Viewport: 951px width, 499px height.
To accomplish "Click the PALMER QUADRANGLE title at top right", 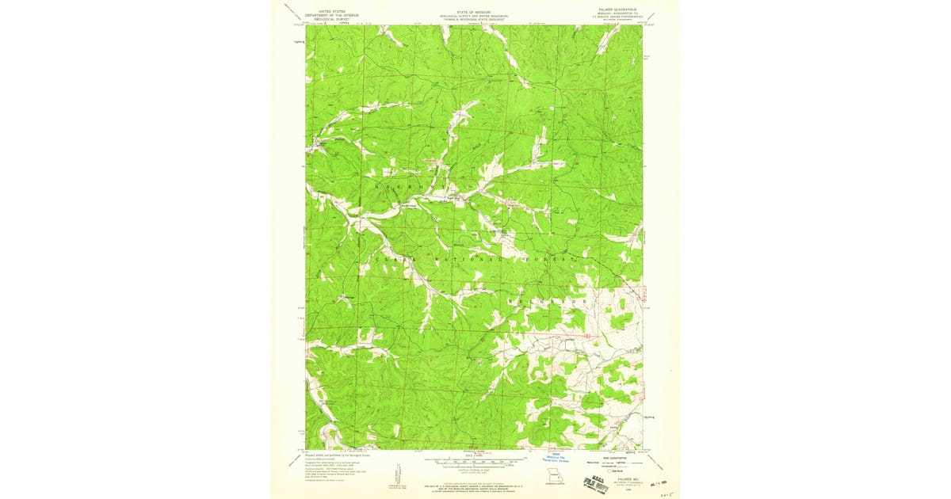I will (621, 11).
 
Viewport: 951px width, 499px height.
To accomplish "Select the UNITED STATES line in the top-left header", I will (331, 10).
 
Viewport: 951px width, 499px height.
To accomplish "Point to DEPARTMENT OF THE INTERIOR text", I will (331, 14).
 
